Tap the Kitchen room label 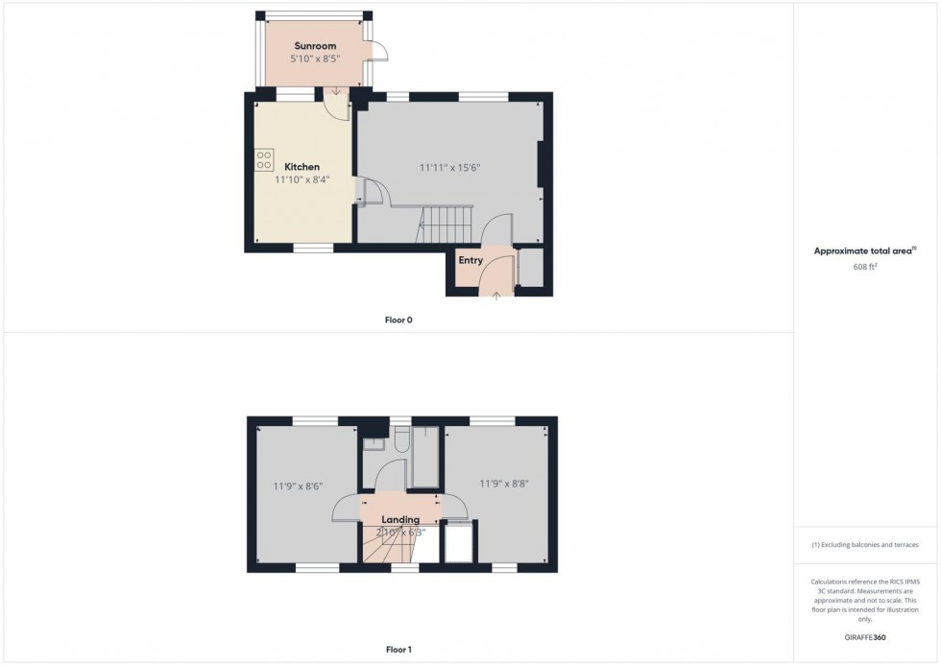click(x=302, y=167)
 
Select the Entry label click(x=470, y=260)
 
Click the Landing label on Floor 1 click(x=400, y=519)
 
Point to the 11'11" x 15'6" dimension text click(x=449, y=167)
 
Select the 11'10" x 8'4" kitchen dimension click(x=302, y=179)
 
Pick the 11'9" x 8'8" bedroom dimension click(x=504, y=484)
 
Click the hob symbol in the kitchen click(x=265, y=160)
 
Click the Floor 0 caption click(x=398, y=320)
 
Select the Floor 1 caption click(x=398, y=650)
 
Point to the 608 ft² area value click(x=865, y=266)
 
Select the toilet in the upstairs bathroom click(x=400, y=440)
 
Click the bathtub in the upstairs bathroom click(x=423, y=460)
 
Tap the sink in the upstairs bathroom click(x=374, y=443)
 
